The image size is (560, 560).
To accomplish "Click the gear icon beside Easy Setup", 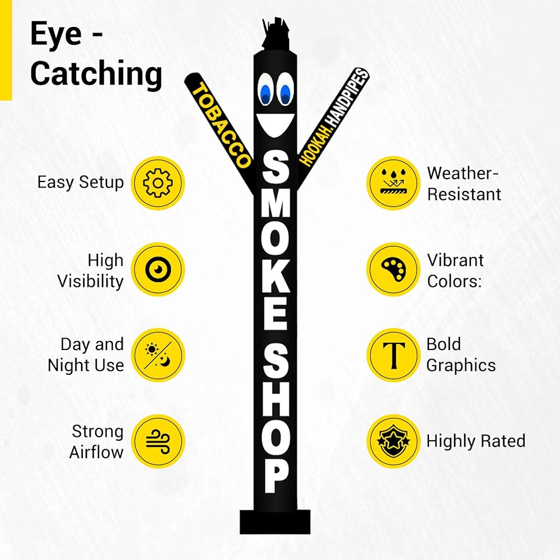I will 157,183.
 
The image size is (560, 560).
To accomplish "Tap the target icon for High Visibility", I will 157,269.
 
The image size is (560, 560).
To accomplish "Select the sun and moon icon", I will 157,355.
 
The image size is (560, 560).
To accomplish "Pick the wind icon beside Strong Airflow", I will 157,441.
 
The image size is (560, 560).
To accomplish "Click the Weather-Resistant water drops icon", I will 394,183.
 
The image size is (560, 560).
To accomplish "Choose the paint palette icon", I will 394,269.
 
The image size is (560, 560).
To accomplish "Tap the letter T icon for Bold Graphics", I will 394,355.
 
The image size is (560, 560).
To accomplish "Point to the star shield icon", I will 394,441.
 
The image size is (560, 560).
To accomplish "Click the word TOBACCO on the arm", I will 221,125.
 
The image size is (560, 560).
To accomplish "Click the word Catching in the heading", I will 96,74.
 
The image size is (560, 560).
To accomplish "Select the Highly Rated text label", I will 475,441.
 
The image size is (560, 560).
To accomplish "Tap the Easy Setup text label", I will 80,182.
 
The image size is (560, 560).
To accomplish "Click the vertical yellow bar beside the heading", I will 6,50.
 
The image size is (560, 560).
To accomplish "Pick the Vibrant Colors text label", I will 455,270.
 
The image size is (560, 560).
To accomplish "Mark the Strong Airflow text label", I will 96,441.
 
